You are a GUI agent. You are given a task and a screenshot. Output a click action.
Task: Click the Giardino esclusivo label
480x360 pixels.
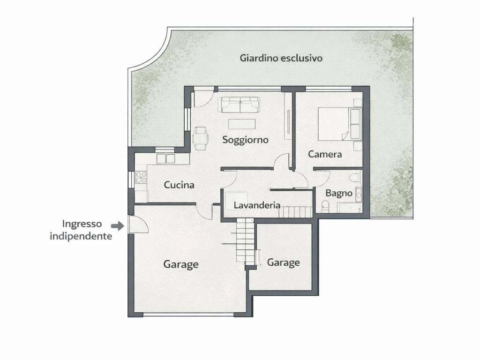(x=281, y=58)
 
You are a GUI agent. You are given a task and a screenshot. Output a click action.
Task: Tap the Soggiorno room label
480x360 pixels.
(x=245, y=140)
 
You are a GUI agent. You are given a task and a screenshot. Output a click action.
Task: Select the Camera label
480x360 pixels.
(x=325, y=154)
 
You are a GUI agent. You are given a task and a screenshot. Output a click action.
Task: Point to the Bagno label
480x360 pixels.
(x=338, y=193)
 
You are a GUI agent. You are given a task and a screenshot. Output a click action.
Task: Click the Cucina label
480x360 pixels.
(x=179, y=185)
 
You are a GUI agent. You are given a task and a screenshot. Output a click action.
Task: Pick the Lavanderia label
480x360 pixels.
(x=257, y=205)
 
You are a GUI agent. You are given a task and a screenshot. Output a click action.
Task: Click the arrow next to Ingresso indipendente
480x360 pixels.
(x=118, y=226)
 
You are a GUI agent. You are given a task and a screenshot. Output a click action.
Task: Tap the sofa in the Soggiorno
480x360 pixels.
(x=240, y=105)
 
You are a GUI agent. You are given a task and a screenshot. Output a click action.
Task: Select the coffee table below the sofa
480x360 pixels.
(x=242, y=124)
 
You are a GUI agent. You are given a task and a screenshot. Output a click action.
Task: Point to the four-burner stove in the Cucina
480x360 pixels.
(x=141, y=177)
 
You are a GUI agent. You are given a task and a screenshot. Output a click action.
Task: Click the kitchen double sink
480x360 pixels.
(x=165, y=158)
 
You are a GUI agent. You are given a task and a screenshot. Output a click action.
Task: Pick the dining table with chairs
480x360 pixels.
(x=201, y=138)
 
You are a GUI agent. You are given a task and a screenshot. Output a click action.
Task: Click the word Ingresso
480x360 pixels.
(x=82, y=224)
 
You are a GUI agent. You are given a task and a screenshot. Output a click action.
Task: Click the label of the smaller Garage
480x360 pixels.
(x=283, y=262)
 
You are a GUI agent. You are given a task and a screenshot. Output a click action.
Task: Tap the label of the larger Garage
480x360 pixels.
(x=181, y=264)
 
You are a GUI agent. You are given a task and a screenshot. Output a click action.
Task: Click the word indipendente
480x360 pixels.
(x=81, y=236)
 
